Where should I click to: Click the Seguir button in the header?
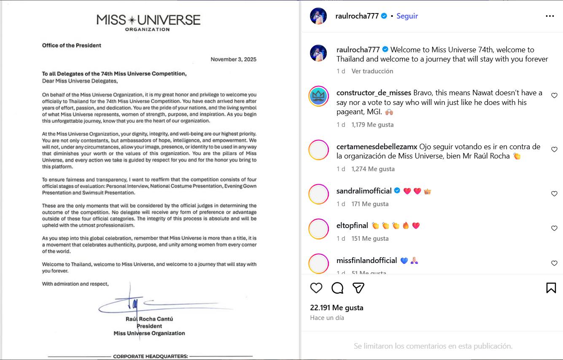point(407,16)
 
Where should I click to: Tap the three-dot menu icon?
point(550,16)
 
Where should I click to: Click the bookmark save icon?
point(551,288)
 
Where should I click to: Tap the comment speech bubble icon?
point(337,288)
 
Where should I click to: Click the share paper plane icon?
point(358,288)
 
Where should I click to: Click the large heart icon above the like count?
point(316,288)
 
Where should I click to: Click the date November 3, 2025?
point(233,59)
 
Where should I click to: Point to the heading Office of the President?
point(72,46)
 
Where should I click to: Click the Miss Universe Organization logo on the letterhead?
point(148,22)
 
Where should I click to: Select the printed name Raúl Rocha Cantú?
point(149,319)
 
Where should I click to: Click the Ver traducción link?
point(372,71)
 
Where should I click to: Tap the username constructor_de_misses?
point(374,93)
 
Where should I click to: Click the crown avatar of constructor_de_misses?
point(319,97)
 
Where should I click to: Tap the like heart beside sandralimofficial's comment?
point(554,194)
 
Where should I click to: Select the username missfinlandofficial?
point(367,261)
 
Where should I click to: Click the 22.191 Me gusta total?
point(337,308)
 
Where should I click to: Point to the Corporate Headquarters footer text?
point(150,357)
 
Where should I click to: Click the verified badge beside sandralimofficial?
point(397,191)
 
